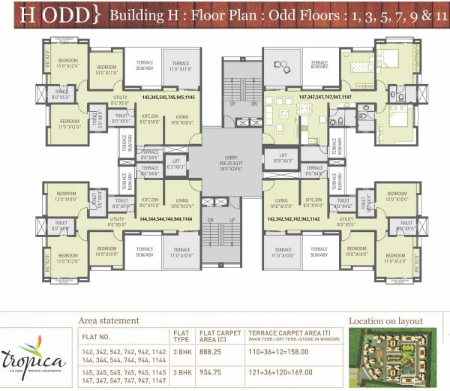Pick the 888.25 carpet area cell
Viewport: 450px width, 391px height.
click(210, 351)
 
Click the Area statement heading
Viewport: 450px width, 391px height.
click(109, 320)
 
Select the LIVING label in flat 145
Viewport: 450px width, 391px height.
click(181, 117)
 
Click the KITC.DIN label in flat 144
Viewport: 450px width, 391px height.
click(150, 201)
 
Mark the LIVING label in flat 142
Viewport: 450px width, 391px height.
click(282, 201)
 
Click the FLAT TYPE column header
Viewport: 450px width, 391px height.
click(180, 335)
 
